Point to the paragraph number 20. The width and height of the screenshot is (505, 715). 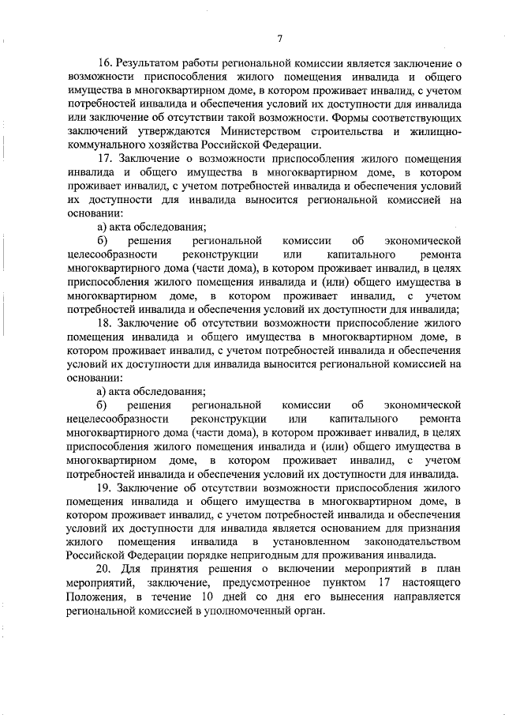[103, 570]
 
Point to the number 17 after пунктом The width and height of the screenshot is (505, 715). [380, 584]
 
